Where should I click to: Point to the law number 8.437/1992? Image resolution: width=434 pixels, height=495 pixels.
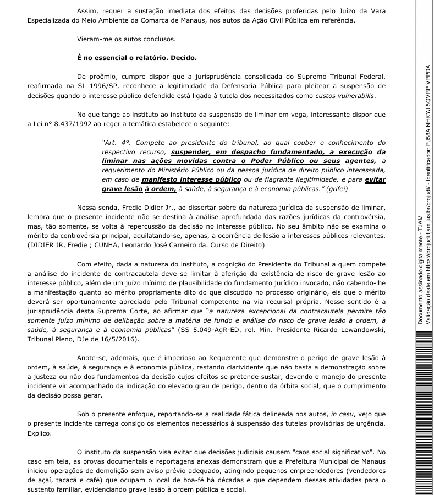click(72, 124)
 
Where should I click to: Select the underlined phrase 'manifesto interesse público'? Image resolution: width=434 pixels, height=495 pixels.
click(190, 179)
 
